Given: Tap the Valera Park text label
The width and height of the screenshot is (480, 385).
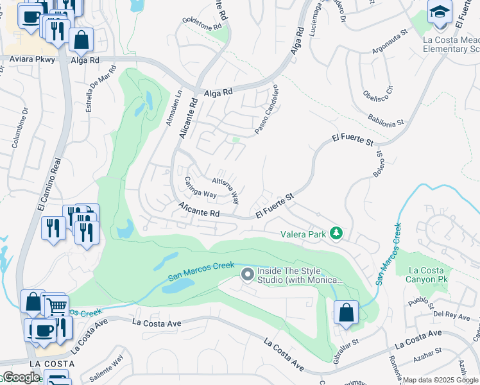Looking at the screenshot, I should click(303, 235).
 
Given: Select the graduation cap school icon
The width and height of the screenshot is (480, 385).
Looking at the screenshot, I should click(440, 13).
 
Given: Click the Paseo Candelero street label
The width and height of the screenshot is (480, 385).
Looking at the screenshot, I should click(266, 110).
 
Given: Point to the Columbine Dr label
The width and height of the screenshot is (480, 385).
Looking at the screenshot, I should click(19, 128).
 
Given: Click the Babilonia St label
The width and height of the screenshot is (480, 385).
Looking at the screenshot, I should click(386, 118).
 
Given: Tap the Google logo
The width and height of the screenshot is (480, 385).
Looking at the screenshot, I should click(21, 378).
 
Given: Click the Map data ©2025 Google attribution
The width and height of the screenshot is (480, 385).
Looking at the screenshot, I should click(440, 380).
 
